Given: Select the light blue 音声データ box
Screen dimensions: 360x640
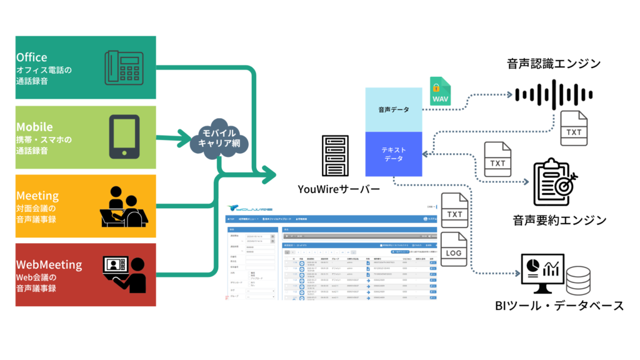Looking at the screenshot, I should tap(394, 109).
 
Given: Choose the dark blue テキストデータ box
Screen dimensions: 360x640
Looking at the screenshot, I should tap(394, 153).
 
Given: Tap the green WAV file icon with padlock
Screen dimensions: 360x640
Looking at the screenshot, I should tap(441, 92).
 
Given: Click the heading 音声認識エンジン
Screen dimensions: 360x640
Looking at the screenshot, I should tap(554, 63).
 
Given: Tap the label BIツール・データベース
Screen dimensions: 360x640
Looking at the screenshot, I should tap(557, 306).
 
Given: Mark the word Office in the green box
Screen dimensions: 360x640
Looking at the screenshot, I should tap(32, 57).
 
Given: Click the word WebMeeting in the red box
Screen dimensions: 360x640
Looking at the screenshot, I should tap(49, 264).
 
